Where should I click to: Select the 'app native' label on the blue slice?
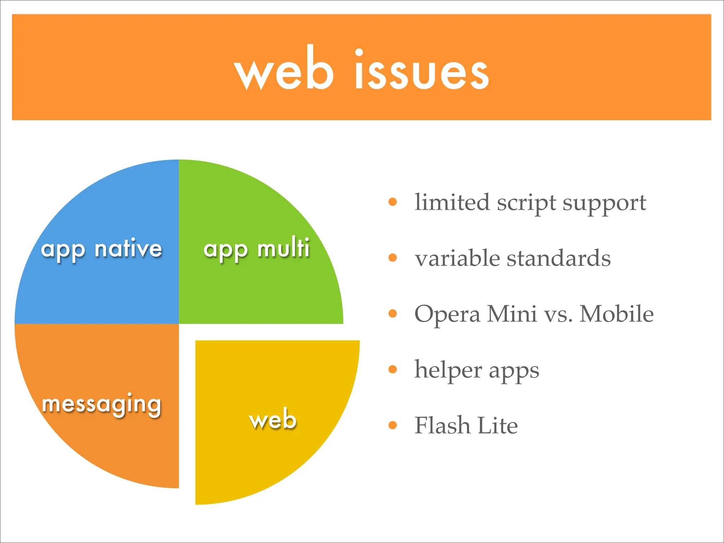pos(101,249)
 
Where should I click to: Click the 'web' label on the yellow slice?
pos(273,419)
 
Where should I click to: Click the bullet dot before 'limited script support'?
pos(392,202)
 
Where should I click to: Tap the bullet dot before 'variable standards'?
pos(392,258)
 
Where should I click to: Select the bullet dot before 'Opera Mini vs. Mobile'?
pos(392,314)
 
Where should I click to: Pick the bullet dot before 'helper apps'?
pos(392,369)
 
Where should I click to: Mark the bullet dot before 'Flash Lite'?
pos(392,425)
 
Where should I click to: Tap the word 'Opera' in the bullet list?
pos(447,315)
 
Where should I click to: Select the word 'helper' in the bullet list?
pos(448,370)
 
